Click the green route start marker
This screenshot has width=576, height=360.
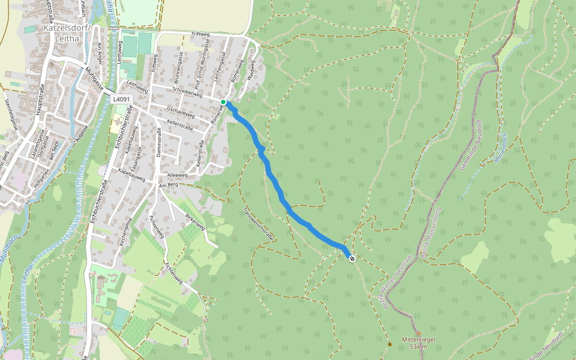[x=223, y=102]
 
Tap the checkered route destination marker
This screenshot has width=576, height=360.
[x=352, y=259]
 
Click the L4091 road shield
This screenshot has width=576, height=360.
[x=121, y=98]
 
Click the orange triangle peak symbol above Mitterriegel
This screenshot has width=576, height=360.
[x=418, y=333]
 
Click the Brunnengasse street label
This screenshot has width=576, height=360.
[x=178, y=67]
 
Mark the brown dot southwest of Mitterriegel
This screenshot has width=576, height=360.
[x=389, y=344]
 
